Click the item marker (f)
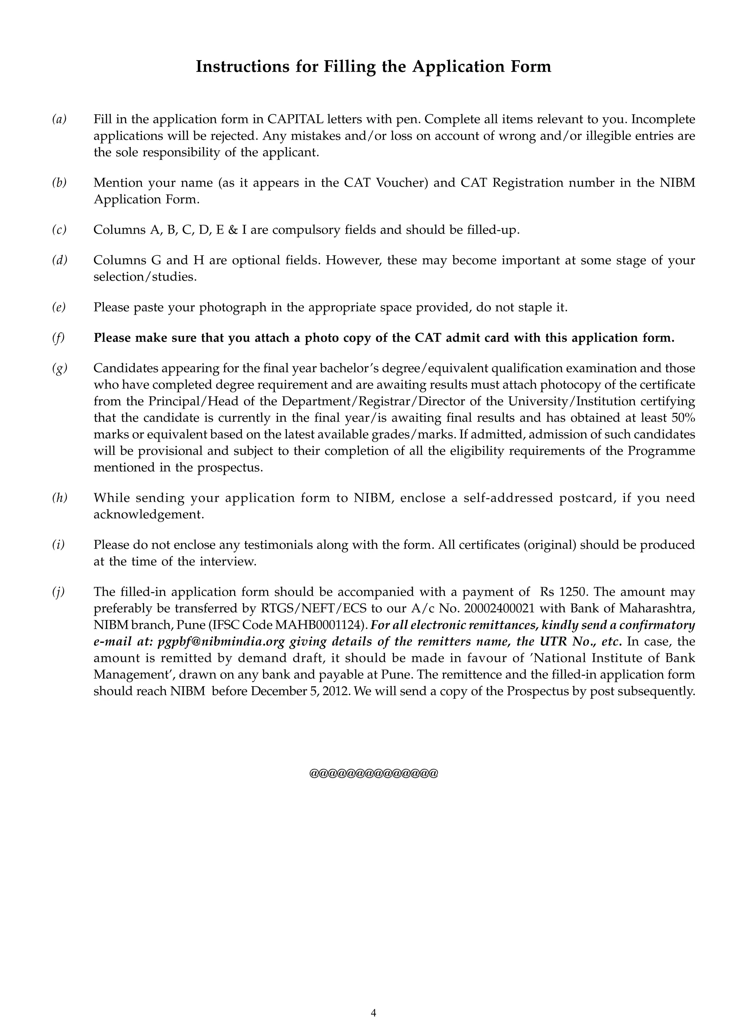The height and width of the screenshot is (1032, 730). [58, 338]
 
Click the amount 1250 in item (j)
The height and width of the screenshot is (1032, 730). [573, 592]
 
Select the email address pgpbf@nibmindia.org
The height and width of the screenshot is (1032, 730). [221, 641]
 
